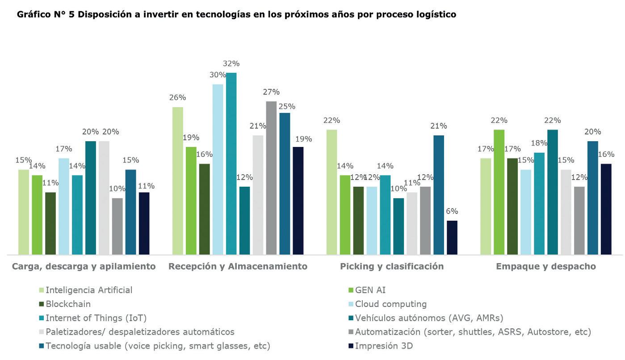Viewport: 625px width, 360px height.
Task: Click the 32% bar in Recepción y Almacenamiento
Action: click(x=231, y=163)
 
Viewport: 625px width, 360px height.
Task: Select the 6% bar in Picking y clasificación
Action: click(x=452, y=238)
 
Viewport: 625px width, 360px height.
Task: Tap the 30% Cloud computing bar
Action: click(x=218, y=169)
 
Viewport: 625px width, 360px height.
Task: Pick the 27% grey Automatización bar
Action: click(x=271, y=178)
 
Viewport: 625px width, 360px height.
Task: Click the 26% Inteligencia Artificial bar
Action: click(x=178, y=181)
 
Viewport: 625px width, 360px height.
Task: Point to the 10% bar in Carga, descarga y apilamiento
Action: click(x=117, y=226)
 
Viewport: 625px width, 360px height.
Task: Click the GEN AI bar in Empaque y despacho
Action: click(x=499, y=192)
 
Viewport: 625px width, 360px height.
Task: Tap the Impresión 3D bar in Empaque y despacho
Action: click(x=606, y=209)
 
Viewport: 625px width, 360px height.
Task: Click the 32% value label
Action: click(x=232, y=63)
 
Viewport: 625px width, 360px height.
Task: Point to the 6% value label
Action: click(x=452, y=211)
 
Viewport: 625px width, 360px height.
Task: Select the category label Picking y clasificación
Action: click(x=392, y=267)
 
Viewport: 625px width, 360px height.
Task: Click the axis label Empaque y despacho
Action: click(x=545, y=267)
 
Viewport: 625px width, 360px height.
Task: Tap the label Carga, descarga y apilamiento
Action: click(x=84, y=267)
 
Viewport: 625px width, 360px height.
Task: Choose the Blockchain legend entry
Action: click(x=68, y=304)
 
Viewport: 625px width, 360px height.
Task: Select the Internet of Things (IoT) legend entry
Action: click(x=96, y=318)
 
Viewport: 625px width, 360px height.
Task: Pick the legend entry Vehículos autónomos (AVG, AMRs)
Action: click(x=429, y=318)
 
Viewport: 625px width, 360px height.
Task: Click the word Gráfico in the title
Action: click(x=32, y=15)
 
